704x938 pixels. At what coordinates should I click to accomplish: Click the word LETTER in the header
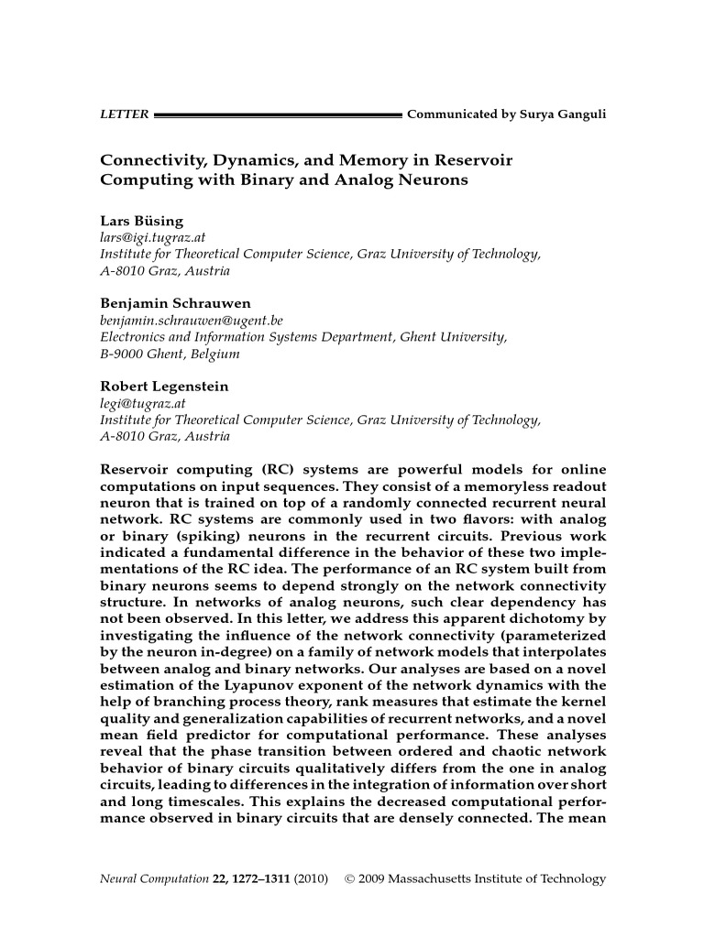coord(124,115)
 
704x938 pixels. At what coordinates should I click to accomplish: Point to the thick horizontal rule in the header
coord(279,116)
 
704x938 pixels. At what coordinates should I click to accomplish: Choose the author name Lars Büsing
coord(141,221)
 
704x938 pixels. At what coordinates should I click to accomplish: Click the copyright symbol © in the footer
coord(350,879)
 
